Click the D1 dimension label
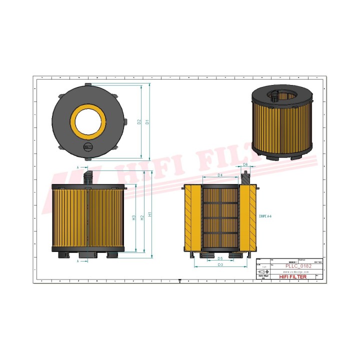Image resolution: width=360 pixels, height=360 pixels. [147, 121]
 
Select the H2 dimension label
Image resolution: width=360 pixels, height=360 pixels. [142, 217]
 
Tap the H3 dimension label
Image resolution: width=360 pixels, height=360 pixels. [133, 218]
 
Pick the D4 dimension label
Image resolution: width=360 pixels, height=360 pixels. [220, 175]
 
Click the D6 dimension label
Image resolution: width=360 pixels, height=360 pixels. [245, 164]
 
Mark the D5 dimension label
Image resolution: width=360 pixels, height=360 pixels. [220, 258]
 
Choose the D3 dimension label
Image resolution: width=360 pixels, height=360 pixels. [220, 264]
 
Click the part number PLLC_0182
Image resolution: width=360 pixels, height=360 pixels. [298, 266]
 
